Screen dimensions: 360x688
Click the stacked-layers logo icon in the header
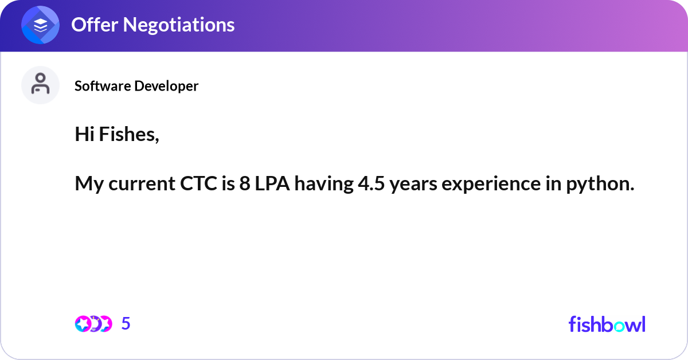(x=41, y=26)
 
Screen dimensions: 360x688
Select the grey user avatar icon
(x=40, y=85)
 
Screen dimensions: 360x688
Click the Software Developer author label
(x=136, y=86)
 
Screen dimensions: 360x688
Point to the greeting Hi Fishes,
(x=117, y=134)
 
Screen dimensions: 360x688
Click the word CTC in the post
(x=193, y=184)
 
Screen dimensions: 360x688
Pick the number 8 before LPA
(x=245, y=184)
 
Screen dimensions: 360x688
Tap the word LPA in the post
(x=273, y=184)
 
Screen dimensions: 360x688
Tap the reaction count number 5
(x=126, y=324)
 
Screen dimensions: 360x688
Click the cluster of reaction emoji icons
(x=93, y=324)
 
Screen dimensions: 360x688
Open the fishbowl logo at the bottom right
(x=607, y=324)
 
